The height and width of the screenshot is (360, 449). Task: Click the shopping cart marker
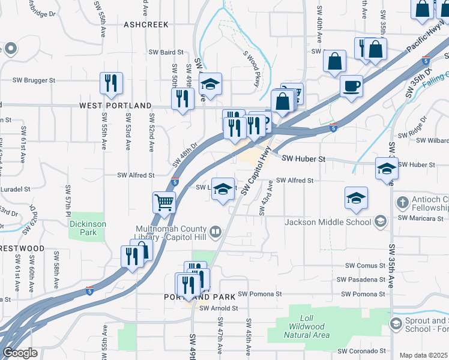pyautogui.click(x=164, y=203)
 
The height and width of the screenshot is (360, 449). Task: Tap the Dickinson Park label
pyautogui.click(x=83, y=227)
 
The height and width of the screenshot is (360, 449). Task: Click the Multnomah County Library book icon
pyautogui.click(x=215, y=230)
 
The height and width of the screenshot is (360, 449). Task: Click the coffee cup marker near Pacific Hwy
pyautogui.click(x=351, y=85)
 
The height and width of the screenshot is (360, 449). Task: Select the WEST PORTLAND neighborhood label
pyautogui.click(x=116, y=106)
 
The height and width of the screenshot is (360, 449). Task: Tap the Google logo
pyautogui.click(x=20, y=353)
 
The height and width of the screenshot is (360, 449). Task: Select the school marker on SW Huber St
pyautogui.click(x=387, y=169)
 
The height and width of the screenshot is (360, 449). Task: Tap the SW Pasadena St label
pyautogui.click(x=361, y=280)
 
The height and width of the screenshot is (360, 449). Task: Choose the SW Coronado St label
pyautogui.click(x=361, y=351)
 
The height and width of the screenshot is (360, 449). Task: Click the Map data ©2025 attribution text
pyautogui.click(x=424, y=355)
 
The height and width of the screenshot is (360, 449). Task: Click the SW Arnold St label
pyautogui.click(x=219, y=308)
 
